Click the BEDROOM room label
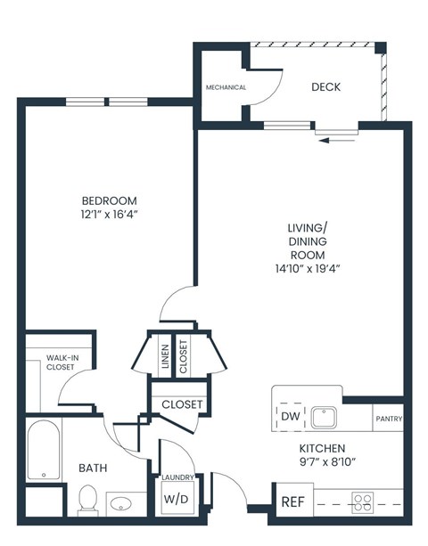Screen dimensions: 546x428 click(x=109, y=200)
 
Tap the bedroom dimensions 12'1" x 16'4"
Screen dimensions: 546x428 click(x=109, y=215)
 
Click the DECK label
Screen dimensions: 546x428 click(x=325, y=87)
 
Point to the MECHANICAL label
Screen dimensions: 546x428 click(x=226, y=87)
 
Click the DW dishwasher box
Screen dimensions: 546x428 click(x=291, y=416)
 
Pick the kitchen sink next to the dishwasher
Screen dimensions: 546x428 click(x=324, y=416)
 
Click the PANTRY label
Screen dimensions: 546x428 click(x=389, y=419)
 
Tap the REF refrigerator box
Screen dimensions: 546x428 click(x=292, y=501)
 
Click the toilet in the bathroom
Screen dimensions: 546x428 click(x=87, y=499)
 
